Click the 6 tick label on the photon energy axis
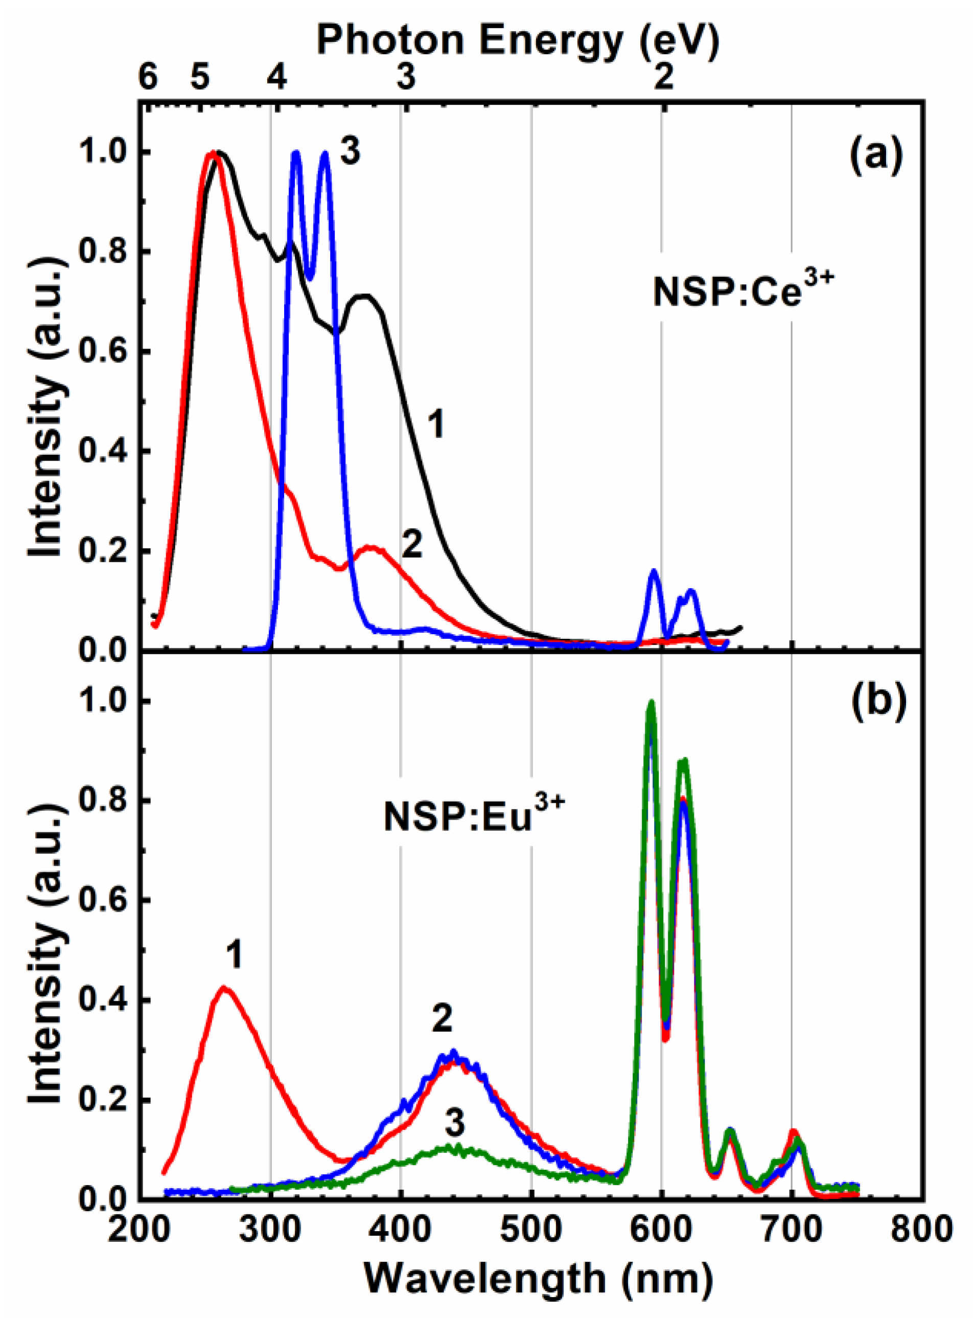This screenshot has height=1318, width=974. pos(147,77)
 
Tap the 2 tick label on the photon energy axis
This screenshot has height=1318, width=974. pos(664,77)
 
